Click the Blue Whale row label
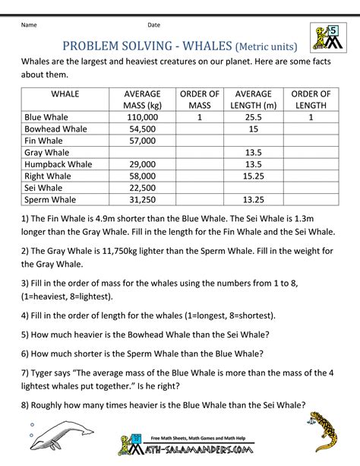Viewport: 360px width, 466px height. [46, 119]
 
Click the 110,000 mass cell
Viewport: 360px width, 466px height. [142, 119]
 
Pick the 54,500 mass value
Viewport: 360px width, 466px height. [142, 130]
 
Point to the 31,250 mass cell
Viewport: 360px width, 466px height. [142, 198]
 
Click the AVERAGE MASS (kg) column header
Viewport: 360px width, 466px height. [142, 100]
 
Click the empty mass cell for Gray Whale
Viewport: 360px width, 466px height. [142, 153]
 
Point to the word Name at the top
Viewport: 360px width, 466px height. [29, 25]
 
